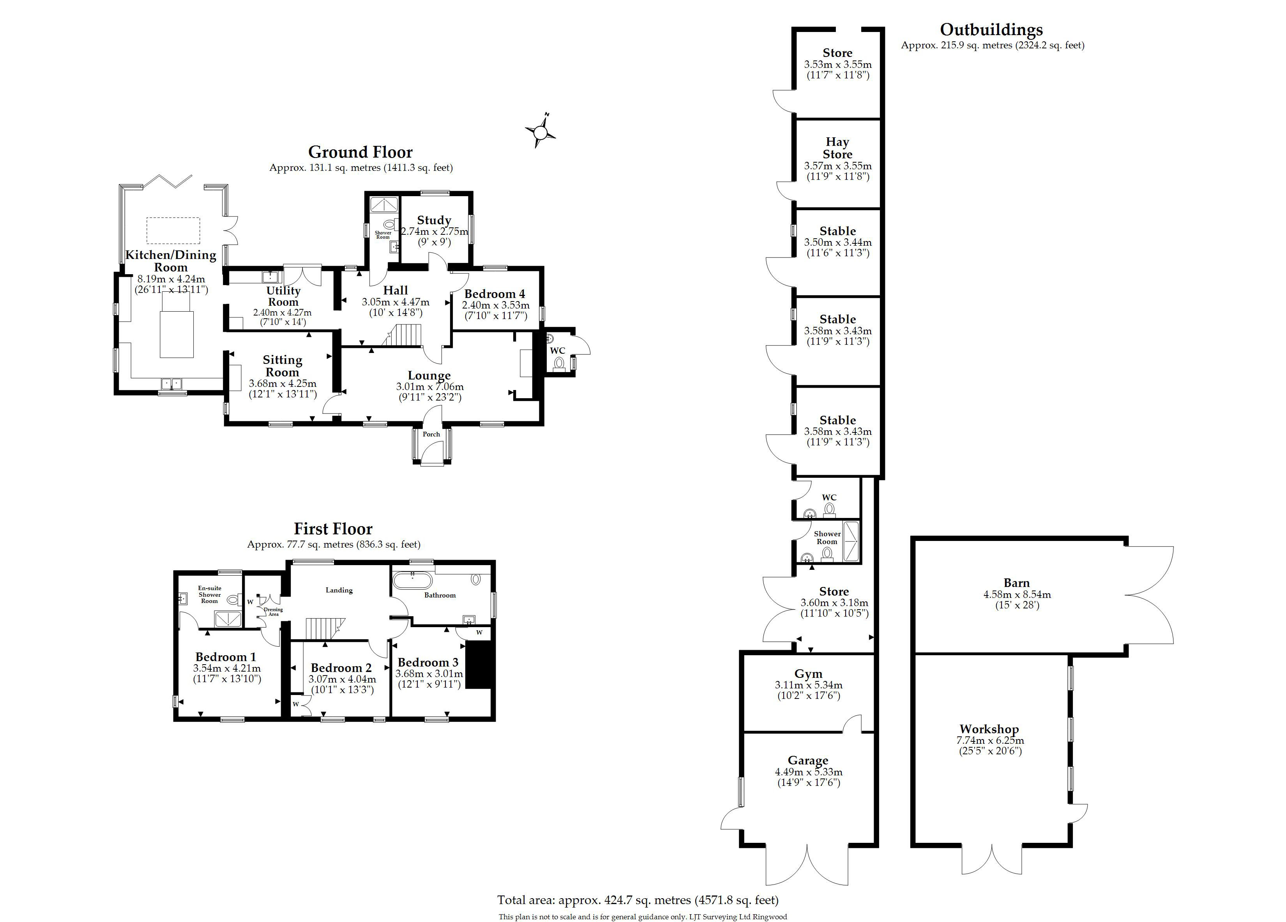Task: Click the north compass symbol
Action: click(x=541, y=132)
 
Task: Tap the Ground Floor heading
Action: click(x=360, y=152)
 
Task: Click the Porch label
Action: click(x=431, y=434)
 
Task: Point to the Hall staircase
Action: click(x=404, y=334)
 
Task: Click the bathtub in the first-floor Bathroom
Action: click(x=412, y=580)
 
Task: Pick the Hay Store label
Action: click(x=837, y=148)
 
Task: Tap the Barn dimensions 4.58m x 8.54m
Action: click(x=1017, y=595)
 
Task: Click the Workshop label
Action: click(x=989, y=729)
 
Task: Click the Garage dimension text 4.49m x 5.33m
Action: click(x=809, y=772)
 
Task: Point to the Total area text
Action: click(x=638, y=900)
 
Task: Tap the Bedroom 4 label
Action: click(x=495, y=294)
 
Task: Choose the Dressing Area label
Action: click(x=273, y=612)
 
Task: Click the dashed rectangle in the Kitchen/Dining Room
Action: click(x=173, y=230)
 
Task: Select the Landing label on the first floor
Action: click(x=339, y=590)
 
